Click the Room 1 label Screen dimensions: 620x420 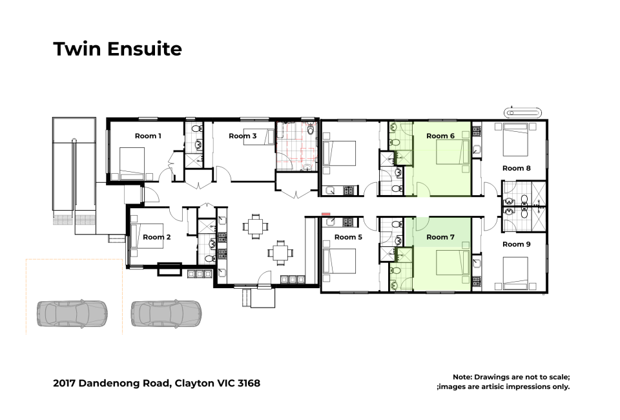pos(148,136)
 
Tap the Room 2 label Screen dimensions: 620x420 pos(156,237)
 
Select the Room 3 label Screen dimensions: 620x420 pos(242,136)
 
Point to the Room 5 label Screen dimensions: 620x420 pos(348,237)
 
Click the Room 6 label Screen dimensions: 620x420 pos(440,136)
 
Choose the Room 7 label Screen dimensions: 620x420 pos(440,237)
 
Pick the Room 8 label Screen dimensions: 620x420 pos(517,168)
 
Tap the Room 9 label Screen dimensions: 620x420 pos(517,244)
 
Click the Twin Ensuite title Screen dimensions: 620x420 pos(118,49)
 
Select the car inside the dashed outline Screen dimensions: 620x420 pos(72,313)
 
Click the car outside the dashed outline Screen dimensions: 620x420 pos(166,313)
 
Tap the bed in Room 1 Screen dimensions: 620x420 pos(132,163)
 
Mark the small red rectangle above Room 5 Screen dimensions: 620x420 pos(325,214)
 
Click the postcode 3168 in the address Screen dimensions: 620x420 pos(249,383)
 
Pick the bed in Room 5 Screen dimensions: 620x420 pos(339,260)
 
